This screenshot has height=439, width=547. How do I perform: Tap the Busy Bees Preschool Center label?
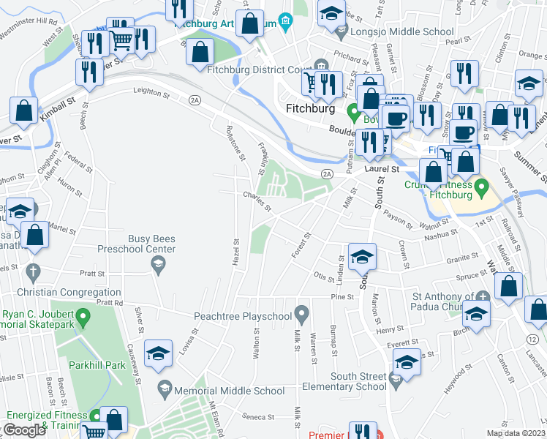(x=152, y=244)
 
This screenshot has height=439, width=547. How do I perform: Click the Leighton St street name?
(x=151, y=93)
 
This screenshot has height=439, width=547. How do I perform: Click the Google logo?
(x=23, y=429)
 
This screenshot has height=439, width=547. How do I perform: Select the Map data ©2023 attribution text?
(x=516, y=433)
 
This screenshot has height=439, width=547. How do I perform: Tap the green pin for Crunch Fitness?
(x=480, y=189)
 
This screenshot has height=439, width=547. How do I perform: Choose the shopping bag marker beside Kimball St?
(x=24, y=110)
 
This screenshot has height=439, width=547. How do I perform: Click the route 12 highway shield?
(x=532, y=339)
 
